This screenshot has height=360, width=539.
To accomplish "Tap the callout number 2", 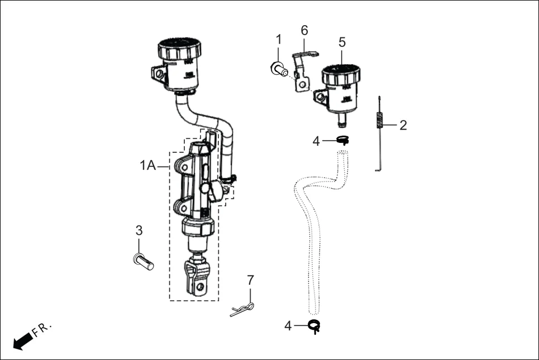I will coord(403,125).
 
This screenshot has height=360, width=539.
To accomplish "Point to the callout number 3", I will coord(139,230).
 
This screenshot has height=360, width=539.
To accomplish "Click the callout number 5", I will coord(342,42).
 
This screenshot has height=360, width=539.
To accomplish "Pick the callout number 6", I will coord(304,30).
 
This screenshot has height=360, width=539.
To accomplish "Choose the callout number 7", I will coord(250,279).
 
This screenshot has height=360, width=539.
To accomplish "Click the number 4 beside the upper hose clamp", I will coord(316,141).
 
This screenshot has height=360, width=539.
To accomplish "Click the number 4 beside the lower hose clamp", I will coord(288,326).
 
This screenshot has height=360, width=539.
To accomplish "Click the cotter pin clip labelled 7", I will coord(242,309).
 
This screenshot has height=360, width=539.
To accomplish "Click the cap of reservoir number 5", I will coord(341,73).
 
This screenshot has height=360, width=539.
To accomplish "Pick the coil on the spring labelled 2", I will coord(380,121).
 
